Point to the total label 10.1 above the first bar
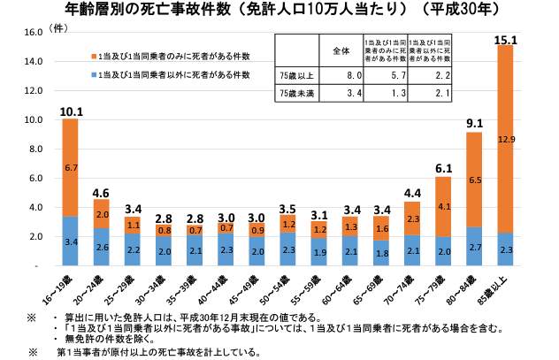70,111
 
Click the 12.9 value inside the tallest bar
505,139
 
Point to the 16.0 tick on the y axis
33,33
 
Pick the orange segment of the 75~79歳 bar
441,205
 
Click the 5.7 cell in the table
384,77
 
